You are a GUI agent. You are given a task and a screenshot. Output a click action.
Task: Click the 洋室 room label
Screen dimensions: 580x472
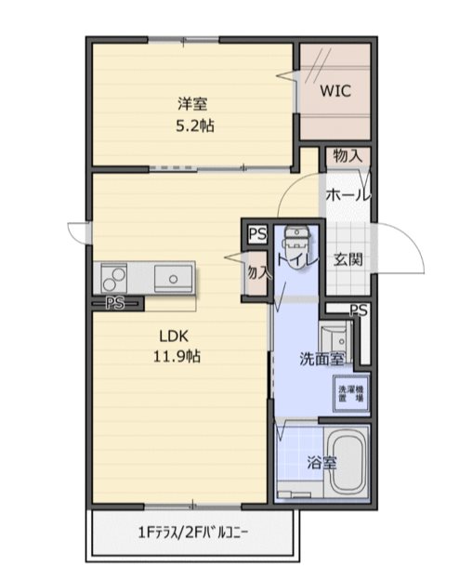[193, 103]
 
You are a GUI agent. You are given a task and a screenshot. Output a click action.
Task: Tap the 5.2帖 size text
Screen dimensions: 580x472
[194, 125]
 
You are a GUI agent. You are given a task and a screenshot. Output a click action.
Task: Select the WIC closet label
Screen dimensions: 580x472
[335, 92]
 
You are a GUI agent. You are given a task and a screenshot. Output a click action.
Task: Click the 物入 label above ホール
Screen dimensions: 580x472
[347, 157]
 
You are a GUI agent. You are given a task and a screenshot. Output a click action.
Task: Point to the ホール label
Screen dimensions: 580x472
[347, 196]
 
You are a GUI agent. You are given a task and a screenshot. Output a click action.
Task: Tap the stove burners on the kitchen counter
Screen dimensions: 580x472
[114, 276]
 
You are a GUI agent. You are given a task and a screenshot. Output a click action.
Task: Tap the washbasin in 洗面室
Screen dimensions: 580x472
[332, 336]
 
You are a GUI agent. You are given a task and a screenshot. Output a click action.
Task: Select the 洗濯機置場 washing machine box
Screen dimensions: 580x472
[349, 393]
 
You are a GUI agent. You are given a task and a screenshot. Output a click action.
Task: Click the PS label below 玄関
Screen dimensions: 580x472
[360, 310]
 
